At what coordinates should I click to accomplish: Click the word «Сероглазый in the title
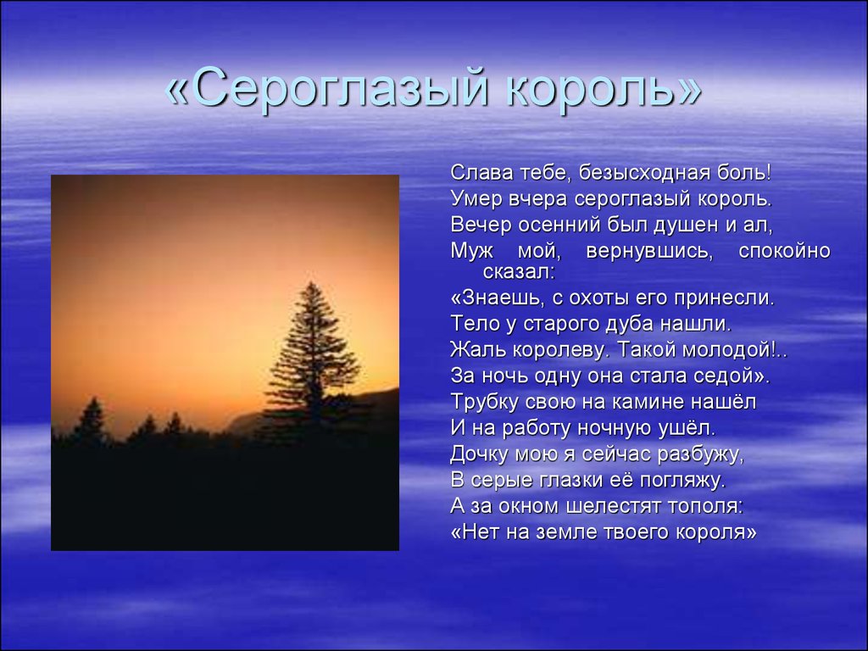click(326, 88)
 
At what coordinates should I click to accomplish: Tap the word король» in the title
click(604, 88)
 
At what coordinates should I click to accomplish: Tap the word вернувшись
click(648, 251)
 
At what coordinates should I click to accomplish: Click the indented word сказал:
click(519, 272)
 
